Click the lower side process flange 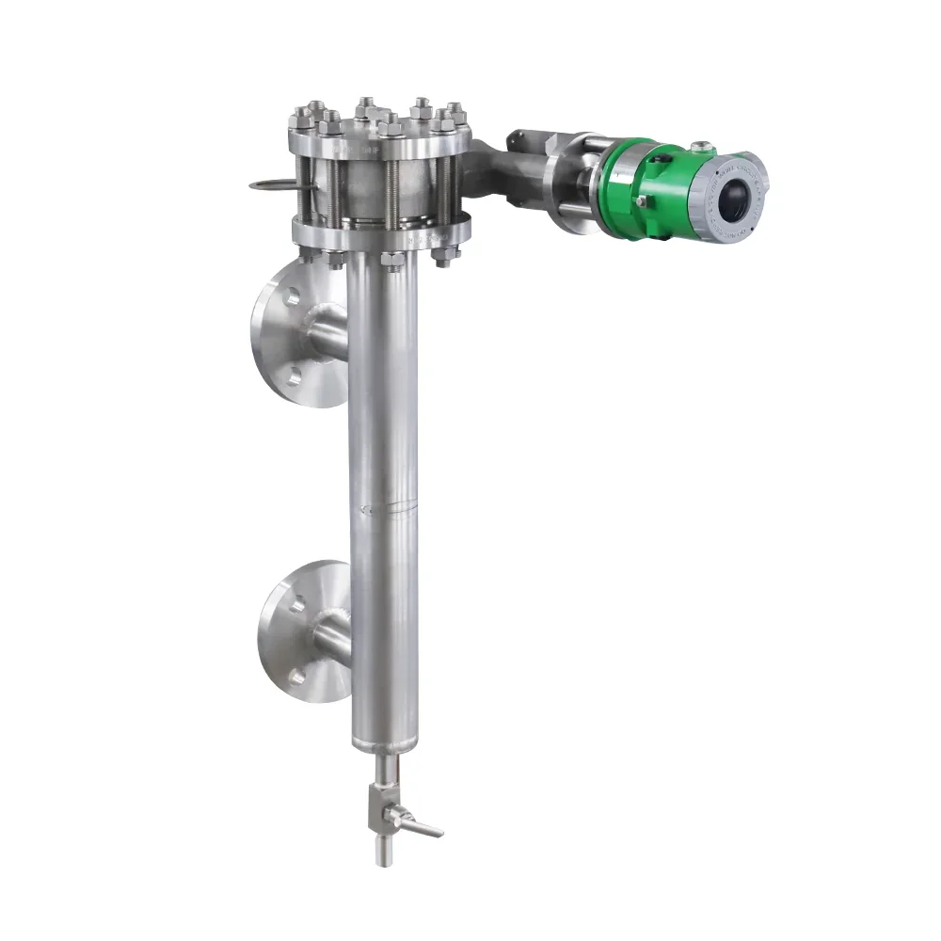[292, 630]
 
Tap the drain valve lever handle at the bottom [419, 825]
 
